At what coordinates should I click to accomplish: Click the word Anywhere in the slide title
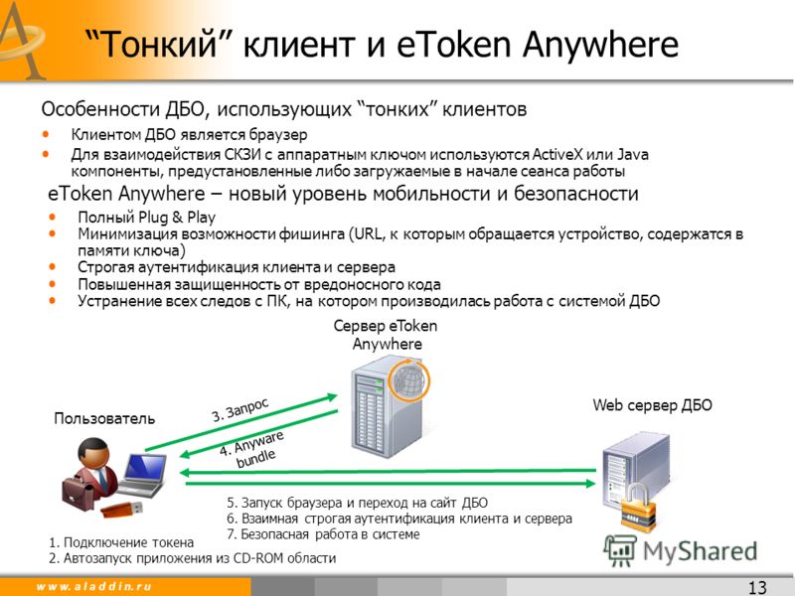click(600, 44)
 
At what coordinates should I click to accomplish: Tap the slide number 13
click(757, 587)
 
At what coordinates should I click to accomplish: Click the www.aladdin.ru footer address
click(93, 586)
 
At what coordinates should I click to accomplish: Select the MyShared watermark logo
click(681, 551)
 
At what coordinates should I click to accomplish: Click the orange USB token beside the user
click(121, 509)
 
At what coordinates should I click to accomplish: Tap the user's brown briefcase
click(78, 493)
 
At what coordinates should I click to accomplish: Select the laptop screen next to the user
click(145, 467)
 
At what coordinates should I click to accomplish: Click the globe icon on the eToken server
click(408, 379)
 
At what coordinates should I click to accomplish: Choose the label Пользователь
click(104, 418)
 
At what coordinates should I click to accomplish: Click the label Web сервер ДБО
click(652, 405)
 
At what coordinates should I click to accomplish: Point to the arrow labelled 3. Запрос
click(240, 423)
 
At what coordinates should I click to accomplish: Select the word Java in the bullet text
click(633, 154)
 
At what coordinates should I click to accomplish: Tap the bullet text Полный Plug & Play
click(146, 218)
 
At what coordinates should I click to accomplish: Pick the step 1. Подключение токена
click(121, 542)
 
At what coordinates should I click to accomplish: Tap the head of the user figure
click(93, 453)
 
